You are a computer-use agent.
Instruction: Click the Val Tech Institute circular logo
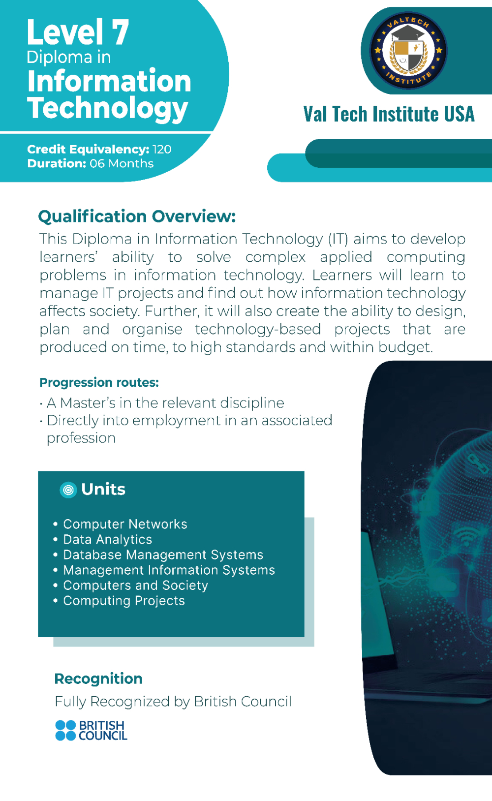(x=408, y=50)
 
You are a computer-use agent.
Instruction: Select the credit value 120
(x=162, y=149)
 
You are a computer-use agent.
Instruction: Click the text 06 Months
(x=122, y=163)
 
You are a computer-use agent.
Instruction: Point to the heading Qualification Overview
(x=137, y=216)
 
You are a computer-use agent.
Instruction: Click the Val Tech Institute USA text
(x=389, y=114)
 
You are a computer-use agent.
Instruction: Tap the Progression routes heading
(x=99, y=382)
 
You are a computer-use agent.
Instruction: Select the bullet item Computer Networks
(x=125, y=524)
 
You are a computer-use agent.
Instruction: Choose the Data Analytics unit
(x=108, y=539)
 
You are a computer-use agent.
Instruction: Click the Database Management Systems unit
(x=163, y=555)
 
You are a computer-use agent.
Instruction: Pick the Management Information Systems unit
(x=169, y=570)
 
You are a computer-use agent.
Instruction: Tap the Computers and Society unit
(x=135, y=585)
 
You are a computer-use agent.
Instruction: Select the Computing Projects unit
(x=124, y=601)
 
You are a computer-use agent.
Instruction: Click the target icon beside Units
(x=68, y=490)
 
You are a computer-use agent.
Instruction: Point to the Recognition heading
(x=98, y=678)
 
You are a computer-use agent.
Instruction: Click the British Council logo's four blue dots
(x=66, y=731)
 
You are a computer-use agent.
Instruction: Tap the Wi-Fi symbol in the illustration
(x=467, y=536)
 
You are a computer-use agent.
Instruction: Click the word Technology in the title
(x=108, y=108)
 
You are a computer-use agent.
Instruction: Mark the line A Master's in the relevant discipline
(x=165, y=403)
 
